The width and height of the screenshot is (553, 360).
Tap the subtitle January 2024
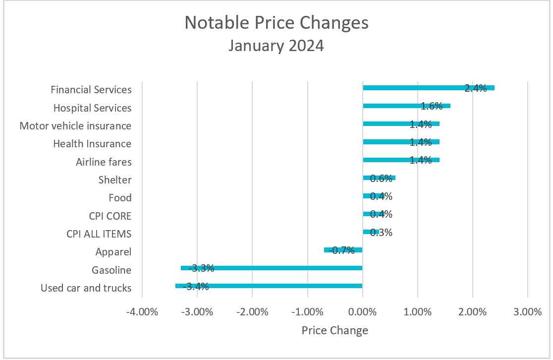276,46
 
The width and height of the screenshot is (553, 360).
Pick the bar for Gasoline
272,268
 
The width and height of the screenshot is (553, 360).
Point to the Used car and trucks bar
269,286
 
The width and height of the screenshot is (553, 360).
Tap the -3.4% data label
196,286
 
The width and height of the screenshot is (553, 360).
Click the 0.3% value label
381,232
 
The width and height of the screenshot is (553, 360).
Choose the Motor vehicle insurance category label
75,126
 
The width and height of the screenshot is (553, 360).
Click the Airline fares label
104,162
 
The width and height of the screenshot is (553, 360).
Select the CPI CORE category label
107,216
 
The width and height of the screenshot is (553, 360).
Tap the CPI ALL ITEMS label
99,234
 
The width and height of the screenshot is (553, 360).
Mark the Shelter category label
114,180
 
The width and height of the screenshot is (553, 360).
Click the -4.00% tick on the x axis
142,312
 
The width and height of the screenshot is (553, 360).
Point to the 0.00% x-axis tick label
363,312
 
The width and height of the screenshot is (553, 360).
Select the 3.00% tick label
528,312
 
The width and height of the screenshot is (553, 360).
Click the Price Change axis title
335,331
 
